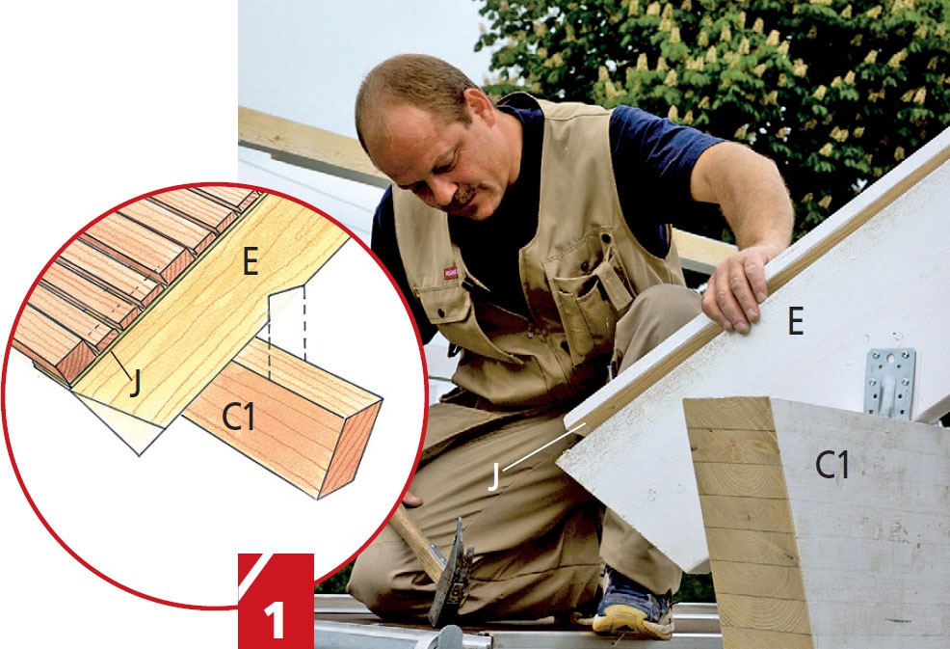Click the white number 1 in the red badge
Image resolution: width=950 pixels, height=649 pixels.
click(x=276, y=619)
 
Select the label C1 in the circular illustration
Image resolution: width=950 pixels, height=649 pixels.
click(x=239, y=418)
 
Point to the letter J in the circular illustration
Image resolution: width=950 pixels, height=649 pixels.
click(x=136, y=382)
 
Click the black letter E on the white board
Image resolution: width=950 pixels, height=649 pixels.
click(x=796, y=321)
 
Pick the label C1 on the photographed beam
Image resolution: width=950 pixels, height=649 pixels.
click(x=832, y=465)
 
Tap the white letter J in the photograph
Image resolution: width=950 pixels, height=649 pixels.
click(x=494, y=477)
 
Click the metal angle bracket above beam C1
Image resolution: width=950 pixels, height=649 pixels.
click(x=889, y=383)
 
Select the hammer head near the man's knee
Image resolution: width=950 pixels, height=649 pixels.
click(x=453, y=571)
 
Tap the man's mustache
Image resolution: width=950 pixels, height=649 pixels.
click(x=465, y=196)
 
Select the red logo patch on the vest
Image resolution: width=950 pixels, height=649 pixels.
click(x=452, y=274)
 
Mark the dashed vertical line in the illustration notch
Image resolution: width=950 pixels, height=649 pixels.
click(x=305, y=324)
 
